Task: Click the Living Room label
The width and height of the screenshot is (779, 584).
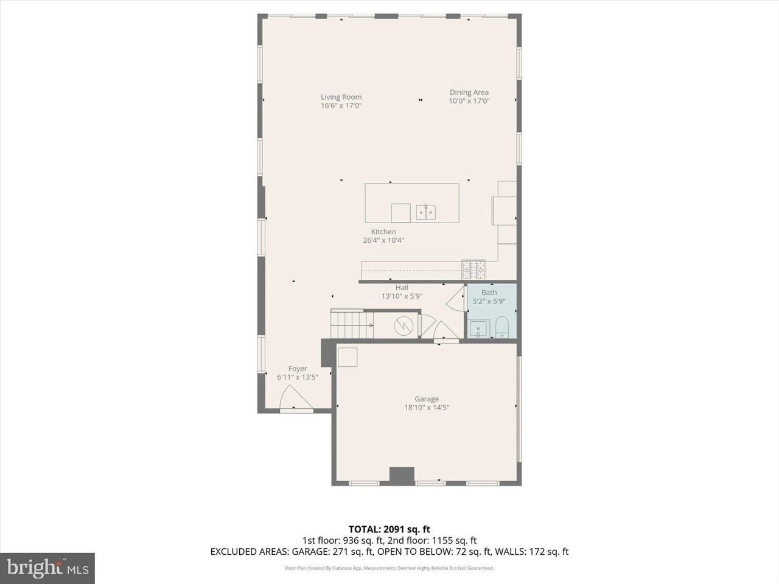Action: point(341,97)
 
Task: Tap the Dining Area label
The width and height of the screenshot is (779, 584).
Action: point(469,92)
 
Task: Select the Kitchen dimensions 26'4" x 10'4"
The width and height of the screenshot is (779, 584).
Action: point(383,240)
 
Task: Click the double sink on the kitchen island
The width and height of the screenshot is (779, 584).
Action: point(425,212)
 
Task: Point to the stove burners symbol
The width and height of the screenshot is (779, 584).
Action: point(473,265)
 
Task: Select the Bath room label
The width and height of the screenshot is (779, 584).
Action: point(489,293)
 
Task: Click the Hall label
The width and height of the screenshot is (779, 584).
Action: point(402,288)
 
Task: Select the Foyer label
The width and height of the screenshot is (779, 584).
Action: point(298,369)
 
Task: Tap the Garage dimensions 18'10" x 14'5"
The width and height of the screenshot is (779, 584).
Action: point(427,408)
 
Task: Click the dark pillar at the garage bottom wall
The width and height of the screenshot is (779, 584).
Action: point(402,475)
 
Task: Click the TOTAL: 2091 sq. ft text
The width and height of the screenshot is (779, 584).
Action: point(389,529)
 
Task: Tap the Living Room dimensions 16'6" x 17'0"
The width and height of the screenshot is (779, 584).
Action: point(341,105)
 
